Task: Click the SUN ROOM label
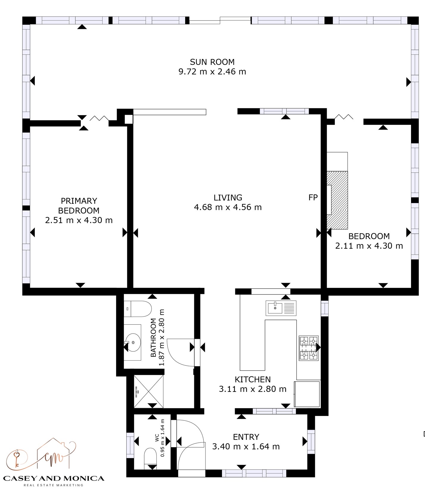pyautogui.click(x=212, y=62)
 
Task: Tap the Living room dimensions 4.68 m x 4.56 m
pyautogui.click(x=228, y=207)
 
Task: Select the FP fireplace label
pyautogui.click(x=313, y=197)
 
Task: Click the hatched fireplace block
pyautogui.click(x=337, y=200)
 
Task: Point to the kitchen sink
pyautogui.click(x=281, y=308)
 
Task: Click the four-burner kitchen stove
pyautogui.click(x=309, y=348)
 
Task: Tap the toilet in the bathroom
pyautogui.click(x=138, y=309)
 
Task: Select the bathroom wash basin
pyautogui.click(x=133, y=342)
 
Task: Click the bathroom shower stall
pyautogui.click(x=149, y=391)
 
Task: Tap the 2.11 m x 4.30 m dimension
pyautogui.click(x=369, y=246)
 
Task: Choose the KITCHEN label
pyautogui.click(x=253, y=379)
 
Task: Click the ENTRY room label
pyautogui.click(x=246, y=437)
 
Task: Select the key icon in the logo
pyautogui.click(x=17, y=458)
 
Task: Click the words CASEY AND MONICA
pyautogui.click(x=54, y=479)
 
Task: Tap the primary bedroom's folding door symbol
pyautogui.click(x=99, y=118)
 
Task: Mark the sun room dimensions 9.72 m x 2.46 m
pyautogui.click(x=212, y=72)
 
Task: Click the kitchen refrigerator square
pyautogui.click(x=307, y=394)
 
